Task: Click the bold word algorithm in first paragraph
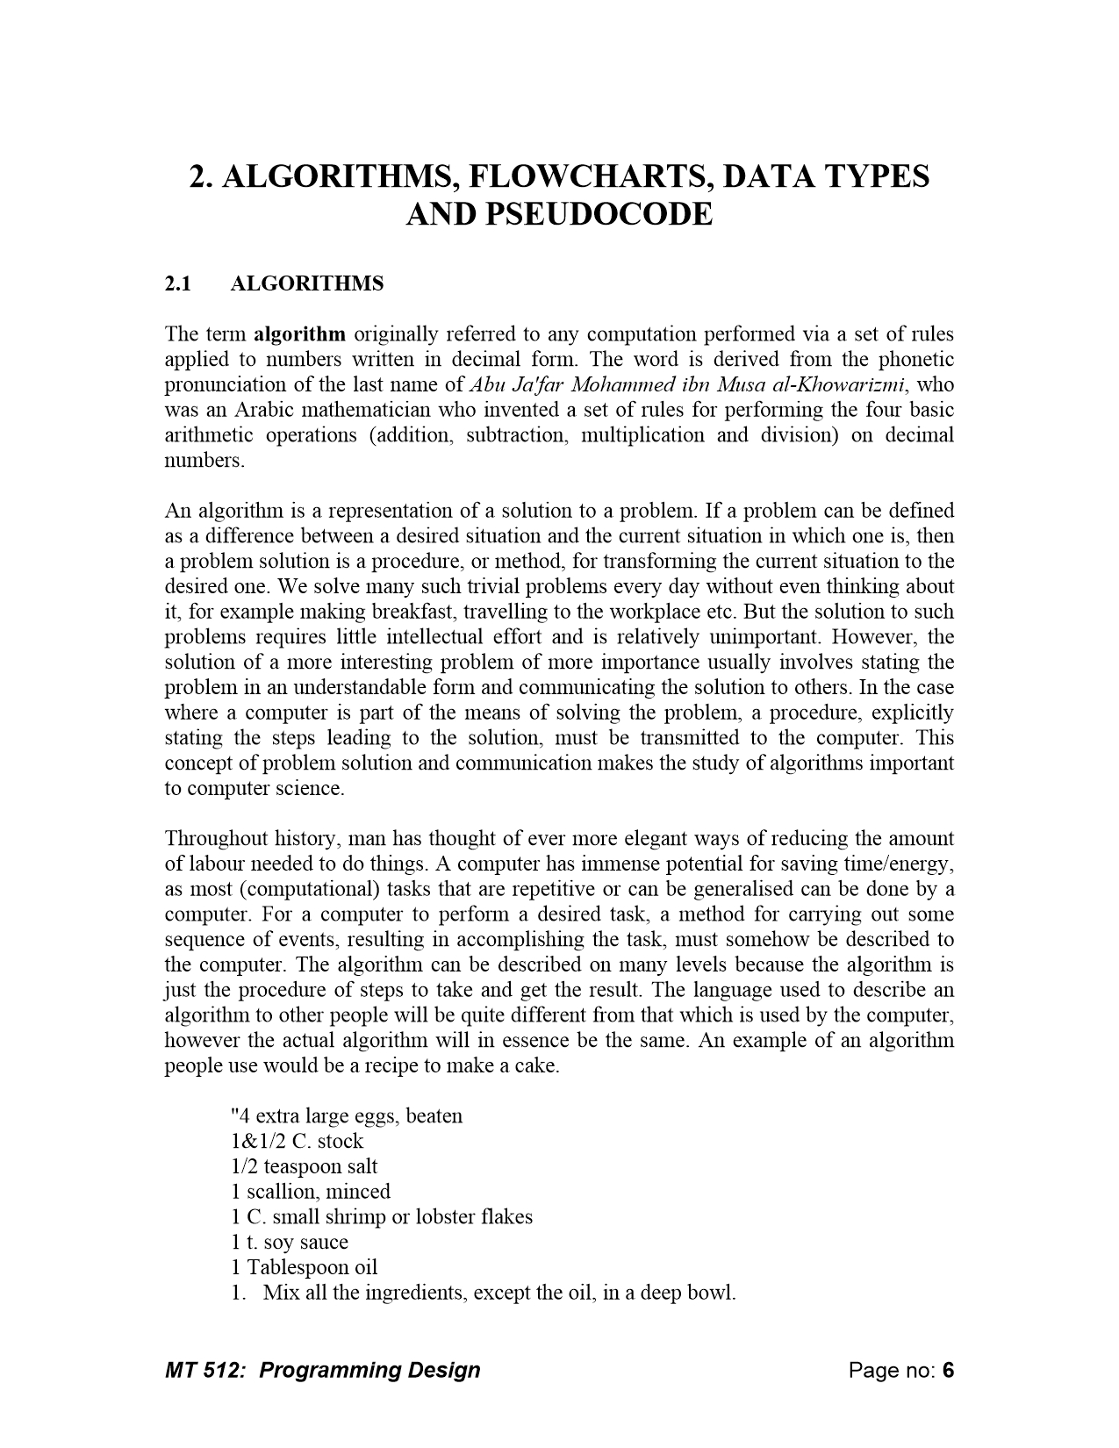pyautogui.click(x=299, y=334)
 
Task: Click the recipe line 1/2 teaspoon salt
pyautogui.click(x=305, y=1167)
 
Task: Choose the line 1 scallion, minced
pyautogui.click(x=311, y=1192)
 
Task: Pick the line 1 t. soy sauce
pyautogui.click(x=290, y=1243)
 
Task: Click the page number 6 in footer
pyautogui.click(x=948, y=1370)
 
